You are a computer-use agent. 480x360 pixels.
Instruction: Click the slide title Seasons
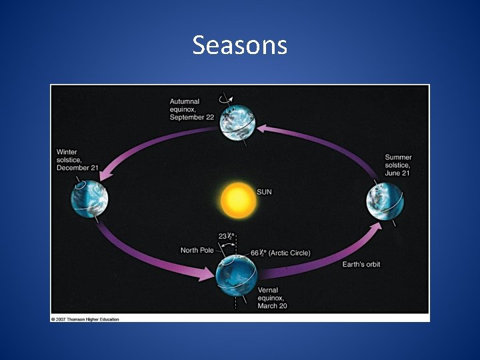pos(239,45)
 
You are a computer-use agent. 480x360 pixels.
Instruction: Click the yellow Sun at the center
pos(238,199)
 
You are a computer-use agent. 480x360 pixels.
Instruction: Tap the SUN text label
pos(265,192)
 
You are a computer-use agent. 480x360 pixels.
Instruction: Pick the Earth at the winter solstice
pos(89,198)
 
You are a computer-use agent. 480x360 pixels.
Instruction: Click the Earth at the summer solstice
pos(384,203)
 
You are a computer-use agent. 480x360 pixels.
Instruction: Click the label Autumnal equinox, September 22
pos(193,109)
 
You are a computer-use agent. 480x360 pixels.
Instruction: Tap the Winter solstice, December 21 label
pos(78,160)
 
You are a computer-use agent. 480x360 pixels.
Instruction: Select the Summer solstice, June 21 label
pos(399,165)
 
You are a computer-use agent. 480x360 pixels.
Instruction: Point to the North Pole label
pos(197,251)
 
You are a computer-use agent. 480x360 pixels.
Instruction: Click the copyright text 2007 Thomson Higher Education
pos(85,319)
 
